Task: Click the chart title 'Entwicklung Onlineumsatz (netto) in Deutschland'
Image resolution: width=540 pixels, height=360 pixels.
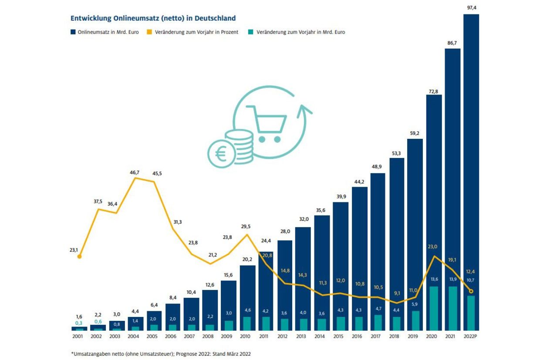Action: [x=153, y=18]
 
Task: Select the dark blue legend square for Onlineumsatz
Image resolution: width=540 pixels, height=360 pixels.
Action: [x=73, y=32]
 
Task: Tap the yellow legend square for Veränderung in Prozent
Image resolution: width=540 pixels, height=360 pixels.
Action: [x=149, y=32]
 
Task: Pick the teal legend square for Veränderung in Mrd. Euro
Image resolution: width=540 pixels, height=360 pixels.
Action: [x=251, y=32]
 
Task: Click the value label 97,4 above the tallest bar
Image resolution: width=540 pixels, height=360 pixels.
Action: [x=472, y=8]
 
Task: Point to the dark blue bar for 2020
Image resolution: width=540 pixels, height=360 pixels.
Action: [x=434, y=212]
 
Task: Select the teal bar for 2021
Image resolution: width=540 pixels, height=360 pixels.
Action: [x=453, y=309]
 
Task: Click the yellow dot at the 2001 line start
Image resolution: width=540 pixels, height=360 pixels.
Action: [x=80, y=257]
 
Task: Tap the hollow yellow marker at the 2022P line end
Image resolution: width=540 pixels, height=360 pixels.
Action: [x=471, y=291]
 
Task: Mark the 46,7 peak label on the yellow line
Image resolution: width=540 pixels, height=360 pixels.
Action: [x=135, y=172]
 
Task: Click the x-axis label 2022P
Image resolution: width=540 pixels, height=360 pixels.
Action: [x=470, y=336]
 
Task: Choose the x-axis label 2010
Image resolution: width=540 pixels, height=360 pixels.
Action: [x=245, y=336]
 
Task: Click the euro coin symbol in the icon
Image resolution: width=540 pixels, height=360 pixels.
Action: [x=221, y=154]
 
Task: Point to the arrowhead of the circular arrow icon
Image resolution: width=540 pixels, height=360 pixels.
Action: [x=304, y=111]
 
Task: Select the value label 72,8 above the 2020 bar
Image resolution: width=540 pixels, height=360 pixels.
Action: [x=433, y=91]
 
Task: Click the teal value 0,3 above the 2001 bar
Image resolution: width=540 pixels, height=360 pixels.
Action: [x=79, y=323]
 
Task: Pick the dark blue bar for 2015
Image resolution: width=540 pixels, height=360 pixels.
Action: [x=341, y=266]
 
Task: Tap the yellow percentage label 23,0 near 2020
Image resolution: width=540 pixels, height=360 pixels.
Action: [x=432, y=247]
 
